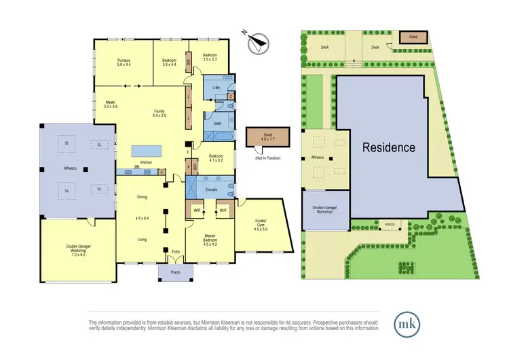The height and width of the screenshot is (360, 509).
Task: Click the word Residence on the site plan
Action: click(x=388, y=147)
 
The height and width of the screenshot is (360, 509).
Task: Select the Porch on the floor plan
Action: click(x=175, y=273)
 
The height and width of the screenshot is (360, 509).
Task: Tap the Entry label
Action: click(x=176, y=253)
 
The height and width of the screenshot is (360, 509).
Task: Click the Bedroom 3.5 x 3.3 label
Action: click(x=210, y=57)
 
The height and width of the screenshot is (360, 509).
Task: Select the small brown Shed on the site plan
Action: click(x=411, y=37)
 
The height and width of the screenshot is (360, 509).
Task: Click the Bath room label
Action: click(x=218, y=124)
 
